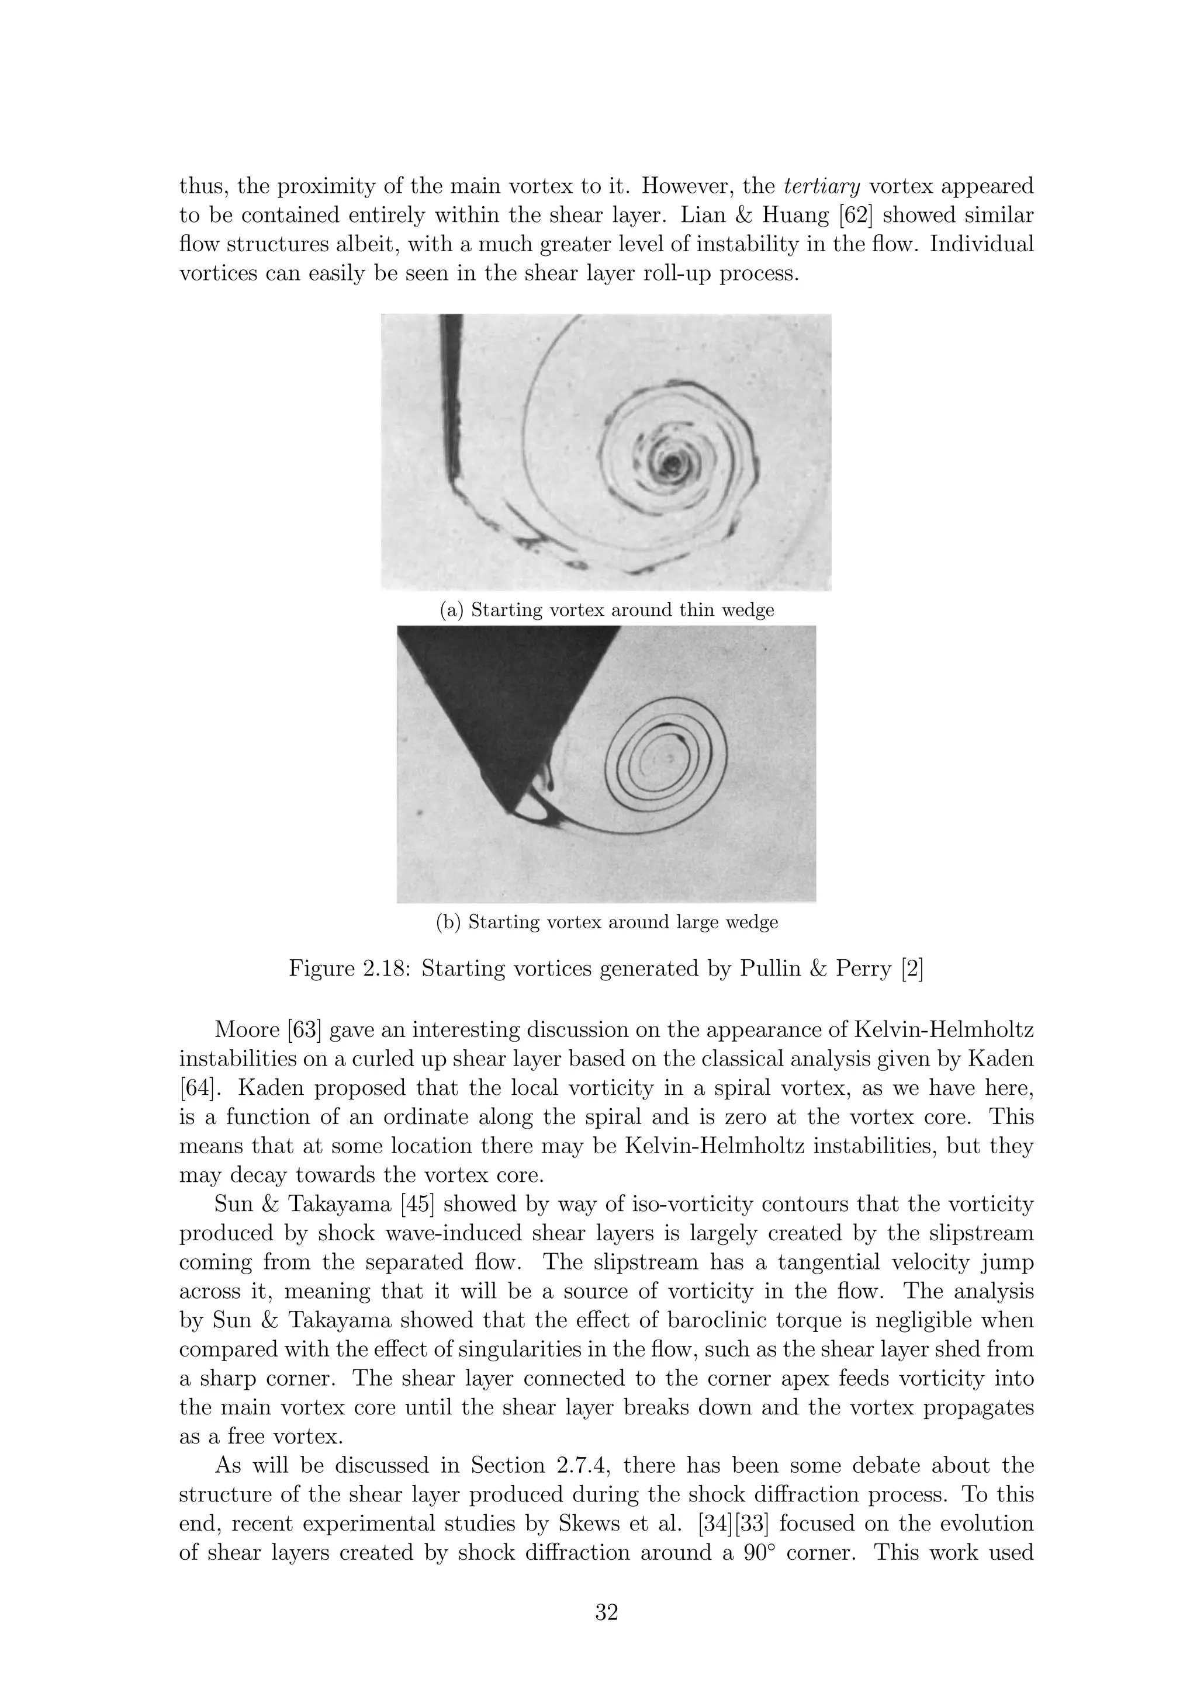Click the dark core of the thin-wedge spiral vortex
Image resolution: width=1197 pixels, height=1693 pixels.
coord(672,464)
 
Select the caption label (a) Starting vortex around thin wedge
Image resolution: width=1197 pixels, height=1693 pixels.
coord(606,610)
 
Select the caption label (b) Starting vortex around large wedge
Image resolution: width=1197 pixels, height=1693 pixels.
coord(606,922)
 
